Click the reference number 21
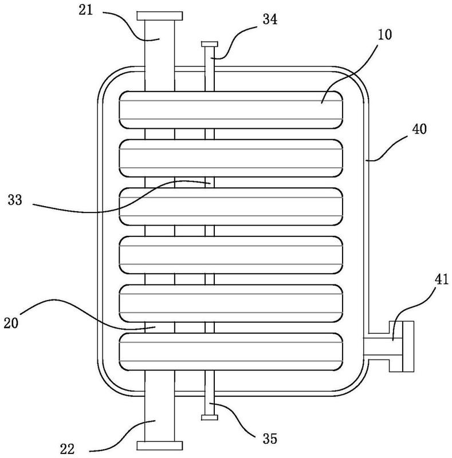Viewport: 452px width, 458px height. pos(86,10)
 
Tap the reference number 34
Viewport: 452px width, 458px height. pos(270,19)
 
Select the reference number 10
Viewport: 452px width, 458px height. pos(384,34)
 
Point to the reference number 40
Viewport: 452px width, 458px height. pos(419,129)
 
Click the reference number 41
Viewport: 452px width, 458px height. pos(442,279)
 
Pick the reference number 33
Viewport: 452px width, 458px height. pos(15,200)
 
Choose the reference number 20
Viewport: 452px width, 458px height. pos(11,323)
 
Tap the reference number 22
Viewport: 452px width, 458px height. pos(67,449)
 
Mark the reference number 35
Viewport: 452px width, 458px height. pos(270,439)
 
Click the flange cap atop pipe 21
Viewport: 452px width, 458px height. pos(160,16)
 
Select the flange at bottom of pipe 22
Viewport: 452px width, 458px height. pos(160,445)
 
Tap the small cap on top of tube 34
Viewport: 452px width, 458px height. pos(209,44)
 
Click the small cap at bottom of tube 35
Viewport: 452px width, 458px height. pos(209,417)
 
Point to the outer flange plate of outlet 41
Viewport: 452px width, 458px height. pos(408,346)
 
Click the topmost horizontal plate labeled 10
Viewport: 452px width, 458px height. pos(231,110)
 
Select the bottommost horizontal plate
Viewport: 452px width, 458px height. pos(231,352)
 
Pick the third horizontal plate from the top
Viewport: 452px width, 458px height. pos(231,207)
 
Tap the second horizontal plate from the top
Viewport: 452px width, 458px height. pos(231,159)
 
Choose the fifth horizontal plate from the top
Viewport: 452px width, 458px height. pos(231,303)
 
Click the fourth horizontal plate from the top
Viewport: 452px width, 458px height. pos(231,255)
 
